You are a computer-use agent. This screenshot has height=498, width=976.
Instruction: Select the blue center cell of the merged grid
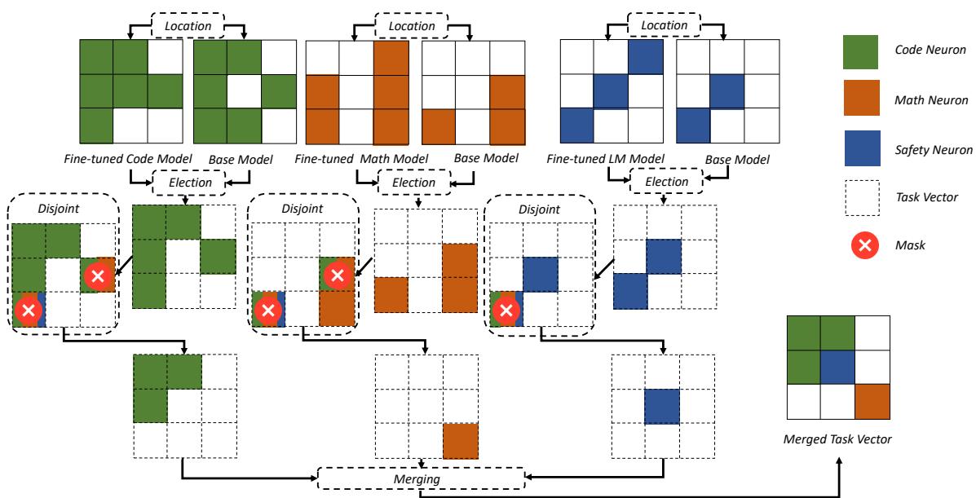pos(837,367)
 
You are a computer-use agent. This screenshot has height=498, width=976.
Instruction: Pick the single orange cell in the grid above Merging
pos(461,441)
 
